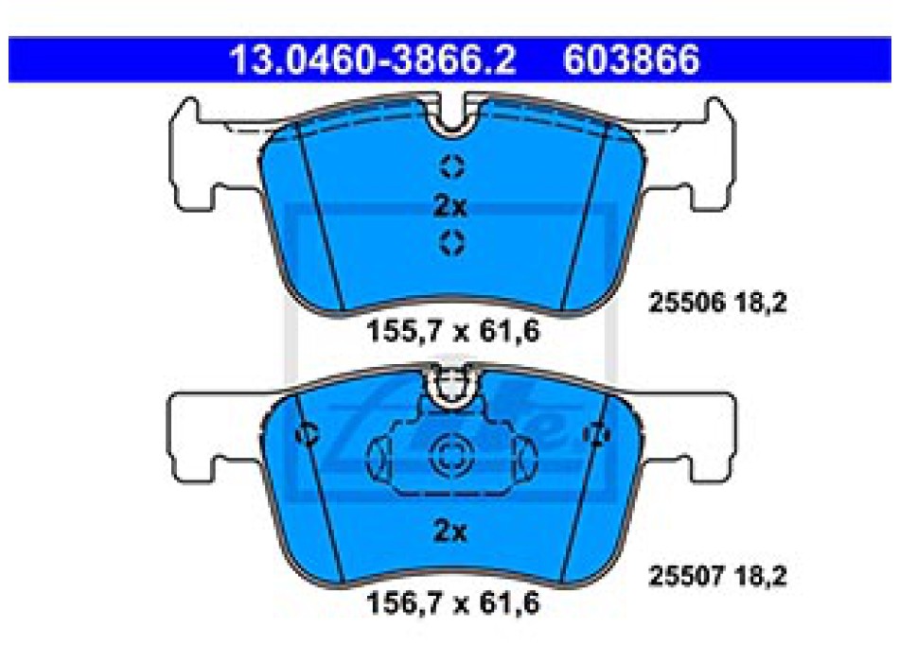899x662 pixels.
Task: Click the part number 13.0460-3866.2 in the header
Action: pyautogui.click(x=373, y=60)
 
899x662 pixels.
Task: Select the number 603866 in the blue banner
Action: pyautogui.click(x=631, y=60)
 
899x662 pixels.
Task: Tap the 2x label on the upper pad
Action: pyautogui.click(x=450, y=206)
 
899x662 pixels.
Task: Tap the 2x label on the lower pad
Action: pyautogui.click(x=450, y=531)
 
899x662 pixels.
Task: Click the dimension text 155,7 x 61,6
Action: pyautogui.click(x=453, y=331)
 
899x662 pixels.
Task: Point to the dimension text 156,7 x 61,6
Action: pyautogui.click(x=453, y=603)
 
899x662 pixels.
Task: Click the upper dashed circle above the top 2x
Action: pyautogui.click(x=451, y=166)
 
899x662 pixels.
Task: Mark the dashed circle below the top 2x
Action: pyautogui.click(x=451, y=242)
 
